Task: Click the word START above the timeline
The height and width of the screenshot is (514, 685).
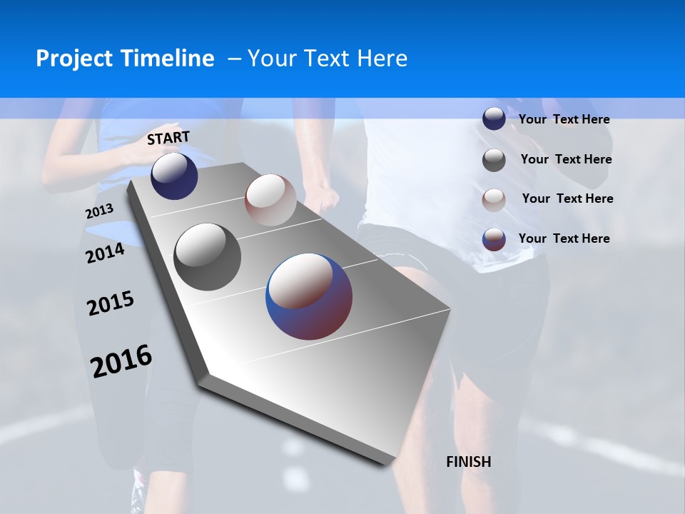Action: (x=168, y=138)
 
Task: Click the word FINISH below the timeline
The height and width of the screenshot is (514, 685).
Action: (x=469, y=462)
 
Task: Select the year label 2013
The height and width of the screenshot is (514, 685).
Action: (x=99, y=211)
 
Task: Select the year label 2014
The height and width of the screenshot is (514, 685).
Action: (x=105, y=253)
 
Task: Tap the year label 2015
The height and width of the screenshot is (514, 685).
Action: (x=111, y=303)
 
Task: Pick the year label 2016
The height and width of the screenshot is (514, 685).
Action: (x=121, y=361)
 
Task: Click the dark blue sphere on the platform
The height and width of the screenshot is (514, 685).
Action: (x=174, y=176)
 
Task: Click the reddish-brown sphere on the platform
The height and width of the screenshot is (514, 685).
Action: (x=270, y=200)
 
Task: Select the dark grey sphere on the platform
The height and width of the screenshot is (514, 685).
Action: (x=208, y=257)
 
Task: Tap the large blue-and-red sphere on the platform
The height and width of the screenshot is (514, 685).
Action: (x=309, y=296)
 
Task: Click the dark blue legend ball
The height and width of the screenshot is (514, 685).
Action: (x=494, y=119)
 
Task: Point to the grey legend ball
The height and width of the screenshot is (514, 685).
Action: (x=494, y=160)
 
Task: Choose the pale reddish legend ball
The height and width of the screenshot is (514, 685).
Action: (x=494, y=200)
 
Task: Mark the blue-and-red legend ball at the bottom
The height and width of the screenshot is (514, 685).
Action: (x=494, y=239)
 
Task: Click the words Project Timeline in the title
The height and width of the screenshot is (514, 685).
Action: (x=125, y=59)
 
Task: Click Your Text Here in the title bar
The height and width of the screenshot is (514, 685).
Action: (x=328, y=59)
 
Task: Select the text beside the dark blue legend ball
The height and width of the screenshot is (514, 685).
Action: (x=564, y=119)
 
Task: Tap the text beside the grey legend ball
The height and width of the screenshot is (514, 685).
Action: (x=566, y=159)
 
